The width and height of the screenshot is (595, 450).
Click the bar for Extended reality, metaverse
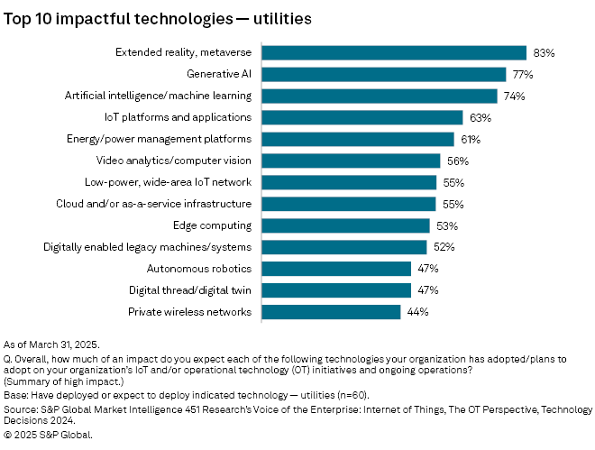tap(394, 53)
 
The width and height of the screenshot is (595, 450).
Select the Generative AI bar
tap(384, 75)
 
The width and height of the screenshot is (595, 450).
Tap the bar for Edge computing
tap(346, 225)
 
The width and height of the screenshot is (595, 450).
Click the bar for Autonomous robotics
tap(337, 269)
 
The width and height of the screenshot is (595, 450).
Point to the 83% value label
tap(543, 53)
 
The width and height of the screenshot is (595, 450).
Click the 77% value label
tap(523, 75)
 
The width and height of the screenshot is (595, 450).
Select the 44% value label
tap(417, 312)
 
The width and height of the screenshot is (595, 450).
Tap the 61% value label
tap(471, 140)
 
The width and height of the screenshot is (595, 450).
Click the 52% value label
tap(443, 247)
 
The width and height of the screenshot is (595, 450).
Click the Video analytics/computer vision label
tap(174, 161)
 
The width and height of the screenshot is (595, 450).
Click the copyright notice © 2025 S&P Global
tap(49, 434)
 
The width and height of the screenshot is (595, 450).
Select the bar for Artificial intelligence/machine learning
tap(380, 96)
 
